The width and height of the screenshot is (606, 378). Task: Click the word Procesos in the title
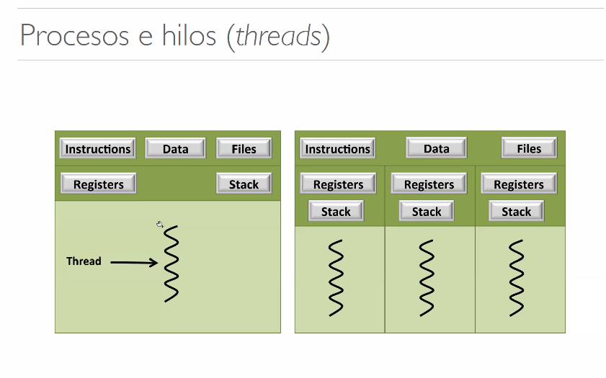click(x=75, y=35)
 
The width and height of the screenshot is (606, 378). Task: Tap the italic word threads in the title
click(x=278, y=35)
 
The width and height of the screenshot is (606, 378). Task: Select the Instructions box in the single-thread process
click(x=98, y=148)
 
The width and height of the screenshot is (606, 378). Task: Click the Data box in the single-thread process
click(x=176, y=148)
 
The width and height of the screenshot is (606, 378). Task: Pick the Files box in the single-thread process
click(x=244, y=148)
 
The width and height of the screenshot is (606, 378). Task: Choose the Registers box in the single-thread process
click(x=99, y=184)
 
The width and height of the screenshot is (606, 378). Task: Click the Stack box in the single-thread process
click(x=244, y=184)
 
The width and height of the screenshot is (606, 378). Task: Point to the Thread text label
click(x=84, y=261)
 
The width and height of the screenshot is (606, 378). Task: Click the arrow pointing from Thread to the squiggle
click(x=134, y=263)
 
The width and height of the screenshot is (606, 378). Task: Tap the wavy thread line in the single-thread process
click(x=171, y=264)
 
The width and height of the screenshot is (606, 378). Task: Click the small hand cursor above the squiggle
click(x=160, y=224)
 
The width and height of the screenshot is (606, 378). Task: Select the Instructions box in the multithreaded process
click(x=337, y=148)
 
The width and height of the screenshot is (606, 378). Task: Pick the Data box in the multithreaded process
click(x=437, y=148)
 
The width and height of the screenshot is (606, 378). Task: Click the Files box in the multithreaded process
click(x=529, y=148)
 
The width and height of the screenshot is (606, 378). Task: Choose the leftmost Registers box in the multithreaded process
click(x=338, y=184)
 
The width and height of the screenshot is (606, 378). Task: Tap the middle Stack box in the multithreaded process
click(x=427, y=211)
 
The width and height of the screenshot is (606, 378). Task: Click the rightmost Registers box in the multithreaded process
click(x=519, y=184)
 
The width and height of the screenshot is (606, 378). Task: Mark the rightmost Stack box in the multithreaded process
click(x=517, y=211)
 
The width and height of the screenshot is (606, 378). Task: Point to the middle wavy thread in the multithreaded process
click(x=427, y=278)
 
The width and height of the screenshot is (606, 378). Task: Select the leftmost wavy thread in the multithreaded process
click(x=336, y=278)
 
